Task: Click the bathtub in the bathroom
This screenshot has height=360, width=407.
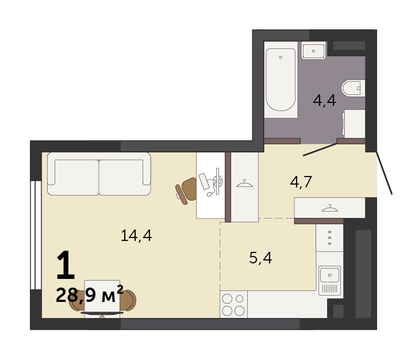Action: (x=281, y=79)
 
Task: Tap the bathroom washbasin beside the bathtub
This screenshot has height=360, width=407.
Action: (x=313, y=51)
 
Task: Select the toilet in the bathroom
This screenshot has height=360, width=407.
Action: (x=353, y=89)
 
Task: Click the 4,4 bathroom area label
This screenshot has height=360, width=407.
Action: (x=324, y=101)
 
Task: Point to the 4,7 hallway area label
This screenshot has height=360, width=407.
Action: (x=301, y=182)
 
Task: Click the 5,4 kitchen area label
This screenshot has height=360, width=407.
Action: (x=260, y=258)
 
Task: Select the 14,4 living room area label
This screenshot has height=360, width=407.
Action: (x=136, y=236)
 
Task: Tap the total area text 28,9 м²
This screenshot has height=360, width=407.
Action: (x=89, y=295)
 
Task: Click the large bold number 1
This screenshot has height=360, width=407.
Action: (x=66, y=265)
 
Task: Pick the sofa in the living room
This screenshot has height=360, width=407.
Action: (x=99, y=174)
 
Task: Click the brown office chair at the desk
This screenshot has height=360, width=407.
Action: (x=186, y=191)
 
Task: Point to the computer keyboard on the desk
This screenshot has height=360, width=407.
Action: (x=203, y=181)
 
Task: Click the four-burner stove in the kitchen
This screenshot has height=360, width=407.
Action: (x=233, y=304)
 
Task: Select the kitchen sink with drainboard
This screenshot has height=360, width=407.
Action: (x=329, y=281)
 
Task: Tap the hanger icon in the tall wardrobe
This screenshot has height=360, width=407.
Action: (x=244, y=184)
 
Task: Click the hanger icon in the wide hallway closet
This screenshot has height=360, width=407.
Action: (x=329, y=208)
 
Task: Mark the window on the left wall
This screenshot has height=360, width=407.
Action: (x=36, y=235)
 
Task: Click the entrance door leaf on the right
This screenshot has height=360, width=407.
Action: (x=384, y=173)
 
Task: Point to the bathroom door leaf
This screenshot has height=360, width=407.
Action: (x=320, y=150)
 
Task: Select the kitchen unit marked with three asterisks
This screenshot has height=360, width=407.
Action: (x=329, y=238)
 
